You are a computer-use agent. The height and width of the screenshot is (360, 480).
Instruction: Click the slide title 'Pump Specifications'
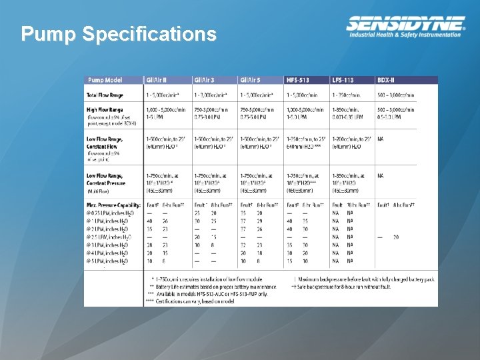[x=119, y=33]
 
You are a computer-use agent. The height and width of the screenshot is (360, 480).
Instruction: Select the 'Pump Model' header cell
[x=105, y=80]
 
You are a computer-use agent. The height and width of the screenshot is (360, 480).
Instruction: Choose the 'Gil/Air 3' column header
[x=205, y=80]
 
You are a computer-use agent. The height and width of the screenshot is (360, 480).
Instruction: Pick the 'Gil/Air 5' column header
[x=252, y=80]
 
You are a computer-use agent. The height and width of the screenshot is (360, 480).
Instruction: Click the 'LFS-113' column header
[x=343, y=80]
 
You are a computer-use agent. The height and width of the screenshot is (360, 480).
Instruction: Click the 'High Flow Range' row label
[x=105, y=109]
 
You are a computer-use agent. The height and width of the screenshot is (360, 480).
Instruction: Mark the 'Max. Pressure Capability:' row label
[x=113, y=204]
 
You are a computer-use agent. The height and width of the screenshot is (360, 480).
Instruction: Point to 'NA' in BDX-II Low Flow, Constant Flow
[x=380, y=139]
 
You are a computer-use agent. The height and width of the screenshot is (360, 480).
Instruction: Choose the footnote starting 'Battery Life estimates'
[x=210, y=287]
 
